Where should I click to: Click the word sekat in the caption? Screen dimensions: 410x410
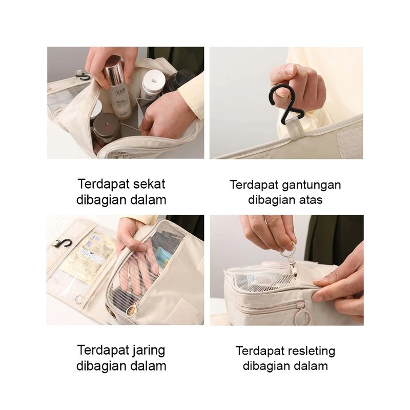149,184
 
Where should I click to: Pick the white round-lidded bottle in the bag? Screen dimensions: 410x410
152,85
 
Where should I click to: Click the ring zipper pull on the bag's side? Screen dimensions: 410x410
300,314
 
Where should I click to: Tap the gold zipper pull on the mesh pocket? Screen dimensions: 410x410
133,309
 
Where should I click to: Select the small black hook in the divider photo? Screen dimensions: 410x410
83,77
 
